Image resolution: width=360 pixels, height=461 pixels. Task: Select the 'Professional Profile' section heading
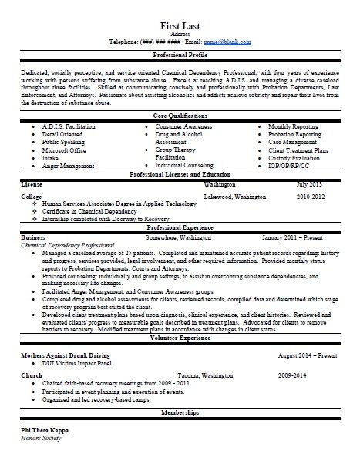pyautogui.click(x=180, y=56)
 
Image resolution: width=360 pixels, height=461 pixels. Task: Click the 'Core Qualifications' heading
pyautogui.click(x=180, y=115)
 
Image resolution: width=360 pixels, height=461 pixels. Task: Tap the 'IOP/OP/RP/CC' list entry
pyautogui.click(x=291, y=165)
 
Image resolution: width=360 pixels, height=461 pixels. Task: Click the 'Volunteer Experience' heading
pyautogui.click(x=180, y=338)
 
